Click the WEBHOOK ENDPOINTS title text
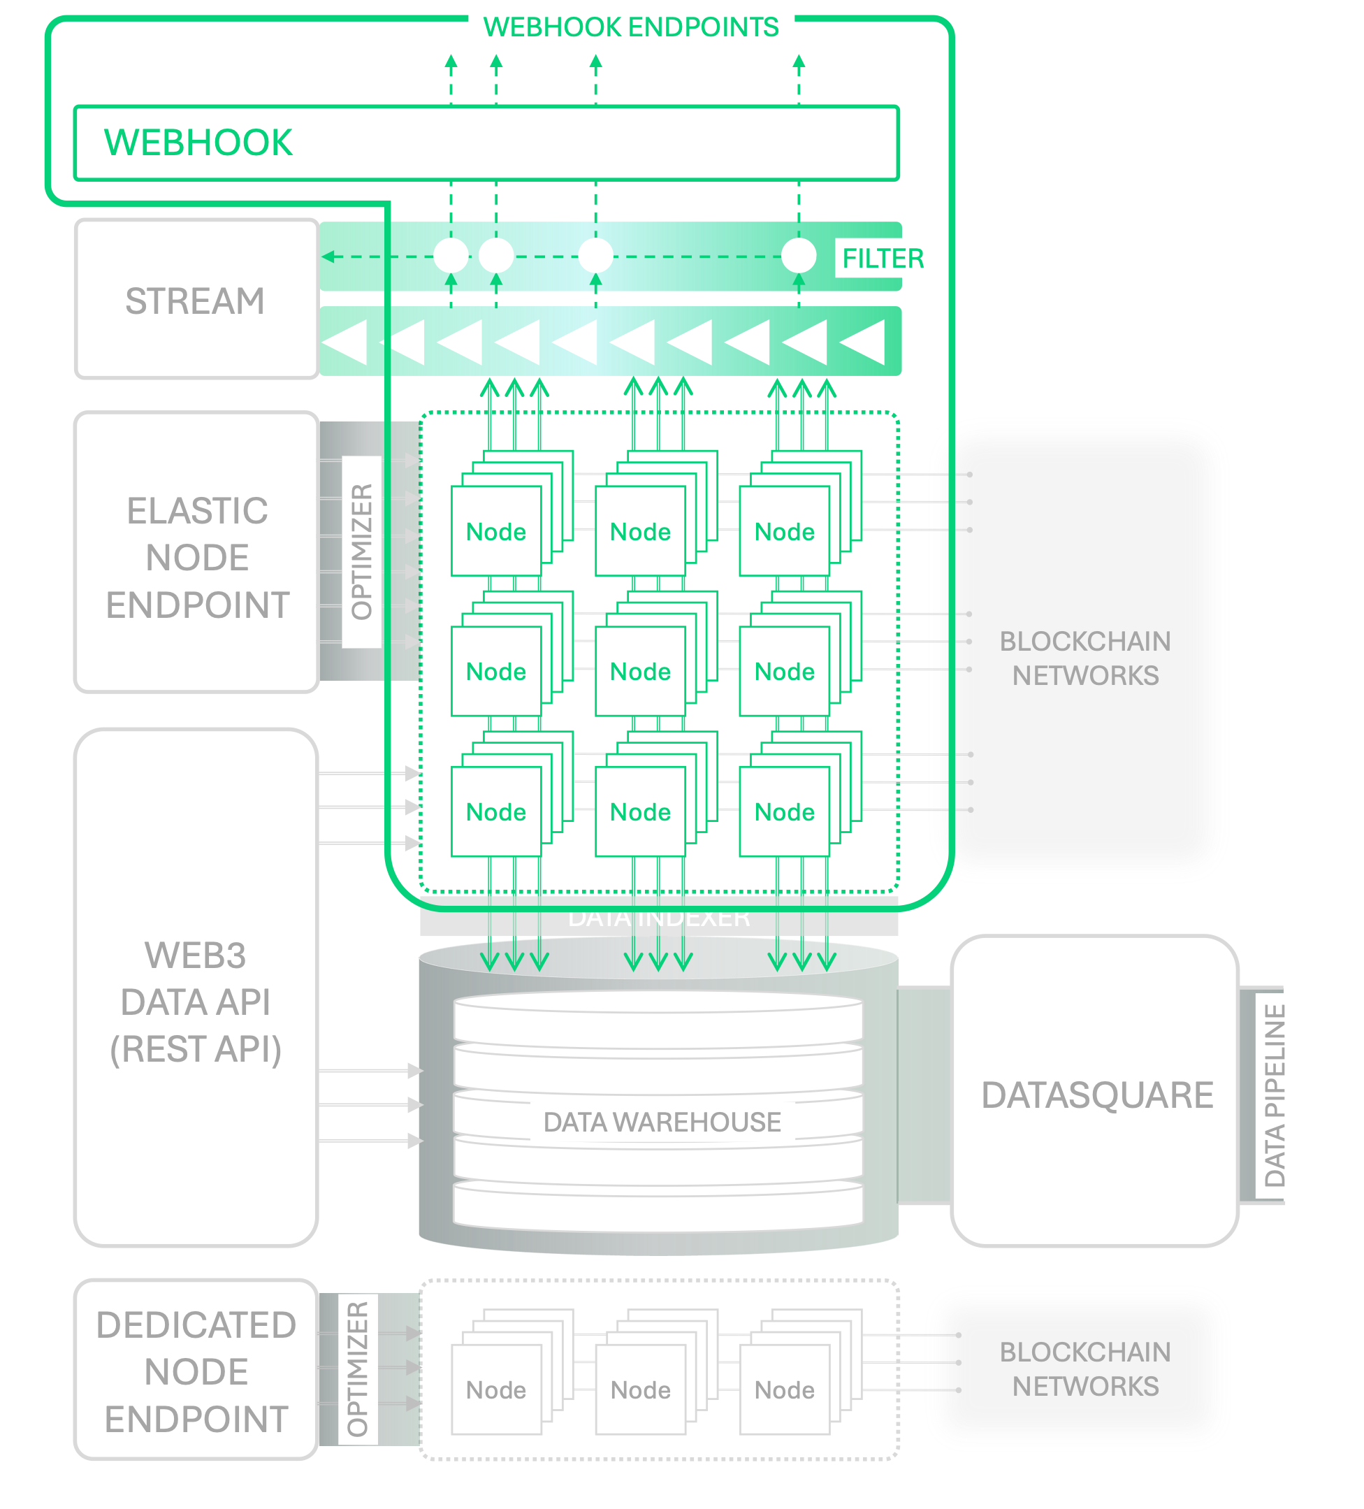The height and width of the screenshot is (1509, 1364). coord(631,28)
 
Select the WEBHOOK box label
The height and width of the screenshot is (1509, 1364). coord(198,143)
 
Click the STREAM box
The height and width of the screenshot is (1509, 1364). coord(196,300)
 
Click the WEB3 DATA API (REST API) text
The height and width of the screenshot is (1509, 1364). coord(196,1002)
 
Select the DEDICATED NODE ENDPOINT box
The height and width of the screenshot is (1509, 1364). coord(196,1371)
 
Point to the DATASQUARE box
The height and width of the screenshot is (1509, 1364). coord(1096,1095)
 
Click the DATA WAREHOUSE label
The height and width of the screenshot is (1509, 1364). coord(662,1122)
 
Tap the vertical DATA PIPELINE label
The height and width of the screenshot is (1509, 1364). coord(1275,1096)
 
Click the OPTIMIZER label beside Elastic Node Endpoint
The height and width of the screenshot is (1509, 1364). coord(362,551)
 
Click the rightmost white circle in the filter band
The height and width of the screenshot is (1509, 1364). coord(799,256)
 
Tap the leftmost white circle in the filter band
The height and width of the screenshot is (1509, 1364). coord(451,256)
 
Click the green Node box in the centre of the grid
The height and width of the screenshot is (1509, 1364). coord(640,672)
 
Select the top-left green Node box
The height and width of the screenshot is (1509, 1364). coord(495,531)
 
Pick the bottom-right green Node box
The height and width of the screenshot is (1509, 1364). coord(784,811)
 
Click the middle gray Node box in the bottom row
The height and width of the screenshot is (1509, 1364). coord(640,1389)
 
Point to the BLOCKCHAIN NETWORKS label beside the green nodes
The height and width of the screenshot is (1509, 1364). coord(1085,658)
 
